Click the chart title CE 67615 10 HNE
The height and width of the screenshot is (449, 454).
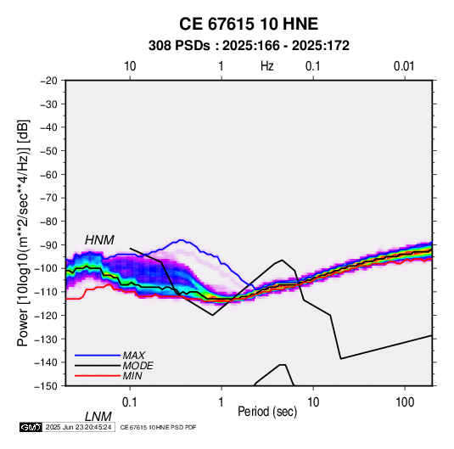[x=249, y=24]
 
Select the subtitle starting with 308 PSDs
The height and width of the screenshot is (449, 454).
[x=249, y=46]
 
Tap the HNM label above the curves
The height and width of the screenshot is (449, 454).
[x=99, y=240]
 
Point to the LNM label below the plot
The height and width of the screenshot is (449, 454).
[x=98, y=417]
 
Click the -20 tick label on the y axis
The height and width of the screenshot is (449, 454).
[x=48, y=81]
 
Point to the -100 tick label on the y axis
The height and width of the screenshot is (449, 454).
[x=46, y=268]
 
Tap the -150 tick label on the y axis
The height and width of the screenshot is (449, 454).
[x=46, y=386]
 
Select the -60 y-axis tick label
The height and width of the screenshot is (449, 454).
[x=48, y=174]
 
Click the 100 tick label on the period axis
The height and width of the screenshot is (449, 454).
[x=405, y=402]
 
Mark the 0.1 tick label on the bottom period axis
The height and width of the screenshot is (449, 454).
[x=130, y=402]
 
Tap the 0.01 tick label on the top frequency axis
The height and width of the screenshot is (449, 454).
[x=404, y=66]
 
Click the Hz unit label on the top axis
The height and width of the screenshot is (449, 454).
[x=267, y=66]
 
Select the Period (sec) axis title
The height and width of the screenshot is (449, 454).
[x=267, y=412]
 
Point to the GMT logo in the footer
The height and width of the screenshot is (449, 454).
[x=31, y=427]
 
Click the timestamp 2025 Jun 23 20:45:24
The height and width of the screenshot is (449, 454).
[x=78, y=427]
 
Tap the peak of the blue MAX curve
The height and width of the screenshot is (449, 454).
[x=182, y=240]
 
